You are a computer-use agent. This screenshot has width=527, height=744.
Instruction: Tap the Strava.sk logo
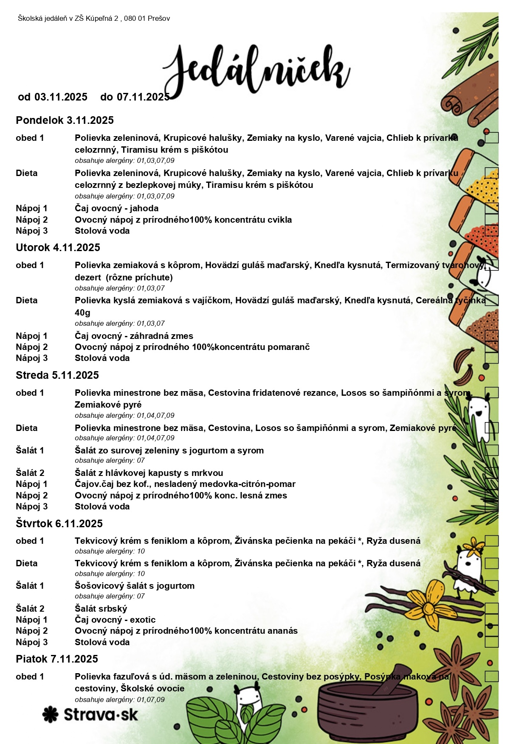coord(90,714)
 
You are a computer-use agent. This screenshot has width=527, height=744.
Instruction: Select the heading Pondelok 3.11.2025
coord(65,120)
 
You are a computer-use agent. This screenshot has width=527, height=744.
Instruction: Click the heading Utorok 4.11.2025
coord(58,248)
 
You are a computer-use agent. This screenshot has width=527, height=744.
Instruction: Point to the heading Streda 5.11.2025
coord(57,375)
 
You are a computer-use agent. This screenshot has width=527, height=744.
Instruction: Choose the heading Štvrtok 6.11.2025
coord(59,524)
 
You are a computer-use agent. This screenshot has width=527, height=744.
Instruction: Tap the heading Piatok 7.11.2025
coord(56,659)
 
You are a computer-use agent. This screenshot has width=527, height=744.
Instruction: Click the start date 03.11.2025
coord(61,97)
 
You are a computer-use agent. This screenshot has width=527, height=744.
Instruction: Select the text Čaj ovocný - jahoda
coord(116,208)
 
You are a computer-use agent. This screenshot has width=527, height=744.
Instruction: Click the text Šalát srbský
coord(101,609)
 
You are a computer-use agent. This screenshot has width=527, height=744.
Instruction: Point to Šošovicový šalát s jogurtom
coord(135,586)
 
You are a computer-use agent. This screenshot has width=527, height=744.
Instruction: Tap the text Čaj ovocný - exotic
coord(115,620)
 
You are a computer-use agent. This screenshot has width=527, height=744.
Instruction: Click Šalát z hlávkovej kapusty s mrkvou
coord(149,473)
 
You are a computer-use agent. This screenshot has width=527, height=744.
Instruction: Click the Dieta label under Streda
coord(26,428)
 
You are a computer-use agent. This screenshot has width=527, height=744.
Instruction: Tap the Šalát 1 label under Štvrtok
coord(30,586)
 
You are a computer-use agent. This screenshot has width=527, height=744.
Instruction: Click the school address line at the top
coord(94,18)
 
